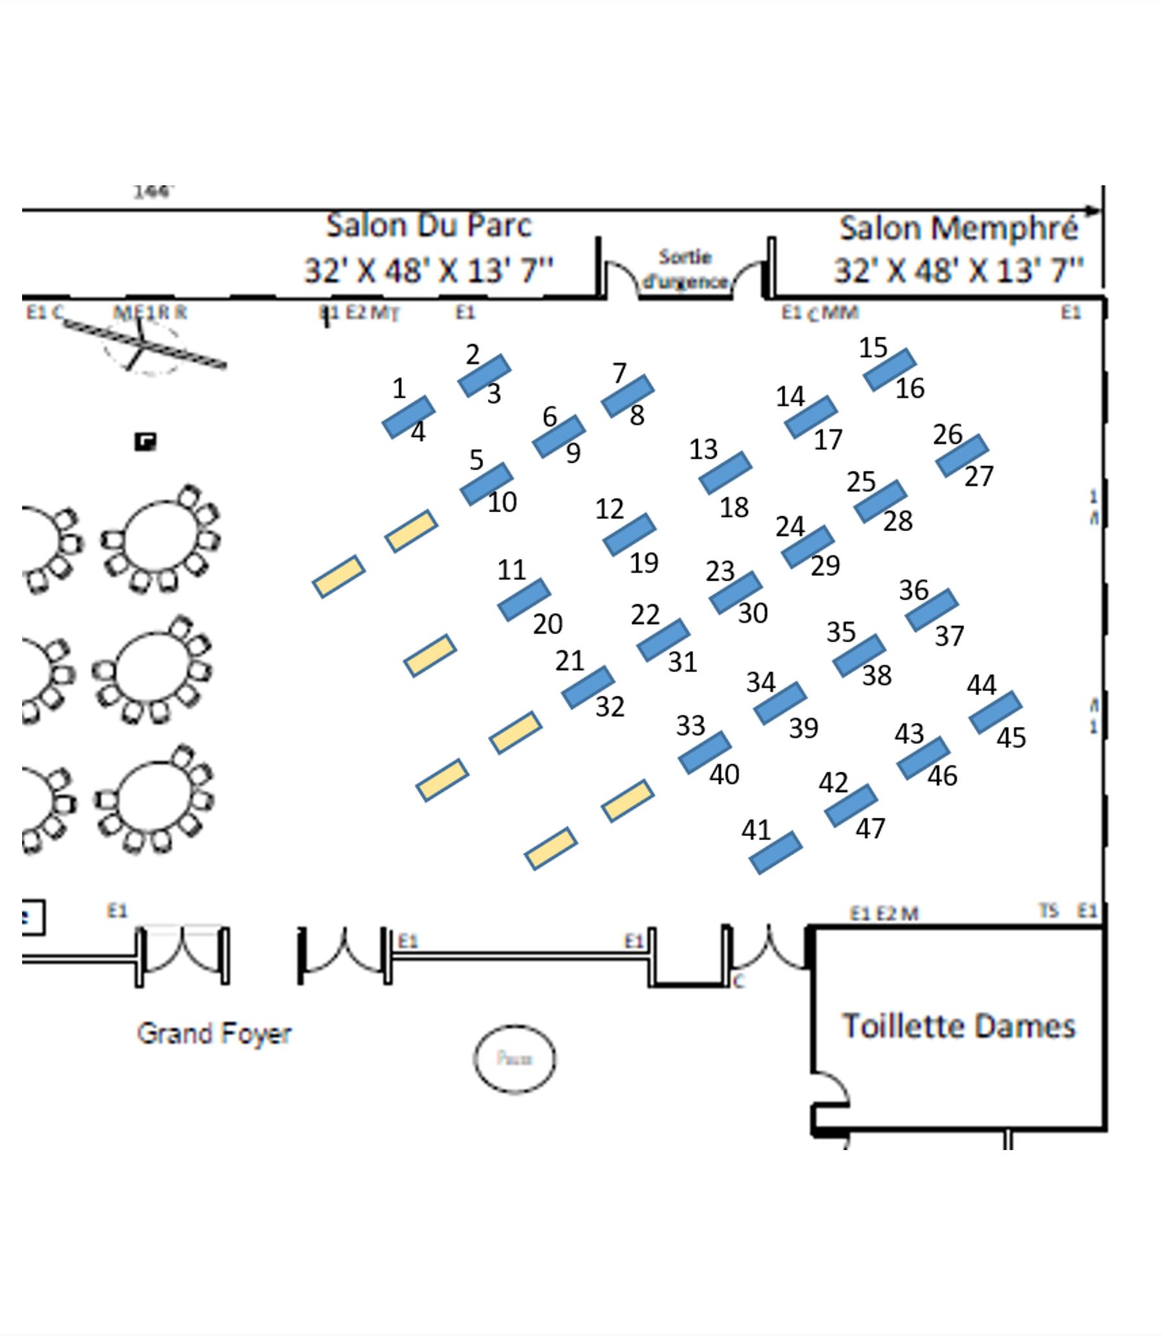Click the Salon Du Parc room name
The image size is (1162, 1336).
click(428, 226)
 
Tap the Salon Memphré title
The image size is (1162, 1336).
click(959, 228)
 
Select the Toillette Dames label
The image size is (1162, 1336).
click(959, 1026)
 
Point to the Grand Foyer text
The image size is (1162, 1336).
click(214, 1033)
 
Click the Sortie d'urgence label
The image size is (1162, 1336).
click(684, 269)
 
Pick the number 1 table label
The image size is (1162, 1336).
click(399, 389)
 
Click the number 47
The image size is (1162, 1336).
click(870, 829)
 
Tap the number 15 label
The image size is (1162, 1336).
click(873, 348)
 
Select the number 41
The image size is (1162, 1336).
click(756, 830)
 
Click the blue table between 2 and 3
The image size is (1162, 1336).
click(484, 375)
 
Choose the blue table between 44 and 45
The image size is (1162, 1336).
click(995, 713)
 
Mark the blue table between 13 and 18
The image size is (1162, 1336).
click(725, 473)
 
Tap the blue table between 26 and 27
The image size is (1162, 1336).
click(962, 456)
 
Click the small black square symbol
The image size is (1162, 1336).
click(145, 442)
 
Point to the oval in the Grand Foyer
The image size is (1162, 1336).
click(514, 1059)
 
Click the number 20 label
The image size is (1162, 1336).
click(548, 624)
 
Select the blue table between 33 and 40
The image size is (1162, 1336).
click(704, 752)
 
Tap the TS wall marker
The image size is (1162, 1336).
click(1049, 911)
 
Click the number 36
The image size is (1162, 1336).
click(913, 590)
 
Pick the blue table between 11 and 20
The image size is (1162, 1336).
click(524, 599)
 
